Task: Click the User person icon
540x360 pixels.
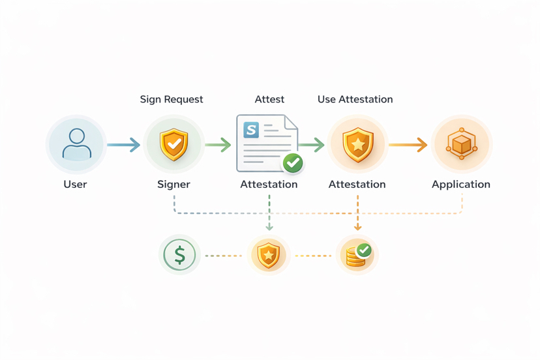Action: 76,144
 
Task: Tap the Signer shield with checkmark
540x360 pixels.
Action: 173,144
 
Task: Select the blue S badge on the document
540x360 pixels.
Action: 251,130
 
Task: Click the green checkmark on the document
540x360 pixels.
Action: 293,162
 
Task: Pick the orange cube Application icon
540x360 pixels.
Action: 461,144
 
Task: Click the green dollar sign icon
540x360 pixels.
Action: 179,254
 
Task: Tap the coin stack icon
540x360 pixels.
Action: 357,255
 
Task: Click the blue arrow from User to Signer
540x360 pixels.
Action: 123,144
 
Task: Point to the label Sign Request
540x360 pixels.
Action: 172,100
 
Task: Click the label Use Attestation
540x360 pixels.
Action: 355,100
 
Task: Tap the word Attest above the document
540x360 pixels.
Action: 269,100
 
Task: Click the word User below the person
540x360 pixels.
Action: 75,185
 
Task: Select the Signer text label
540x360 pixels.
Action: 173,185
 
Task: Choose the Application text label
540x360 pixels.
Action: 460,185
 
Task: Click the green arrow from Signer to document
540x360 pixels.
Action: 218,144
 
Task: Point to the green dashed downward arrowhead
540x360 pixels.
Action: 269,226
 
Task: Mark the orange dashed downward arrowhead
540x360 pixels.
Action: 357,226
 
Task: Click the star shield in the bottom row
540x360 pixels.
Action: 269,255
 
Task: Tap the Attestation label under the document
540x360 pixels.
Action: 269,185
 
